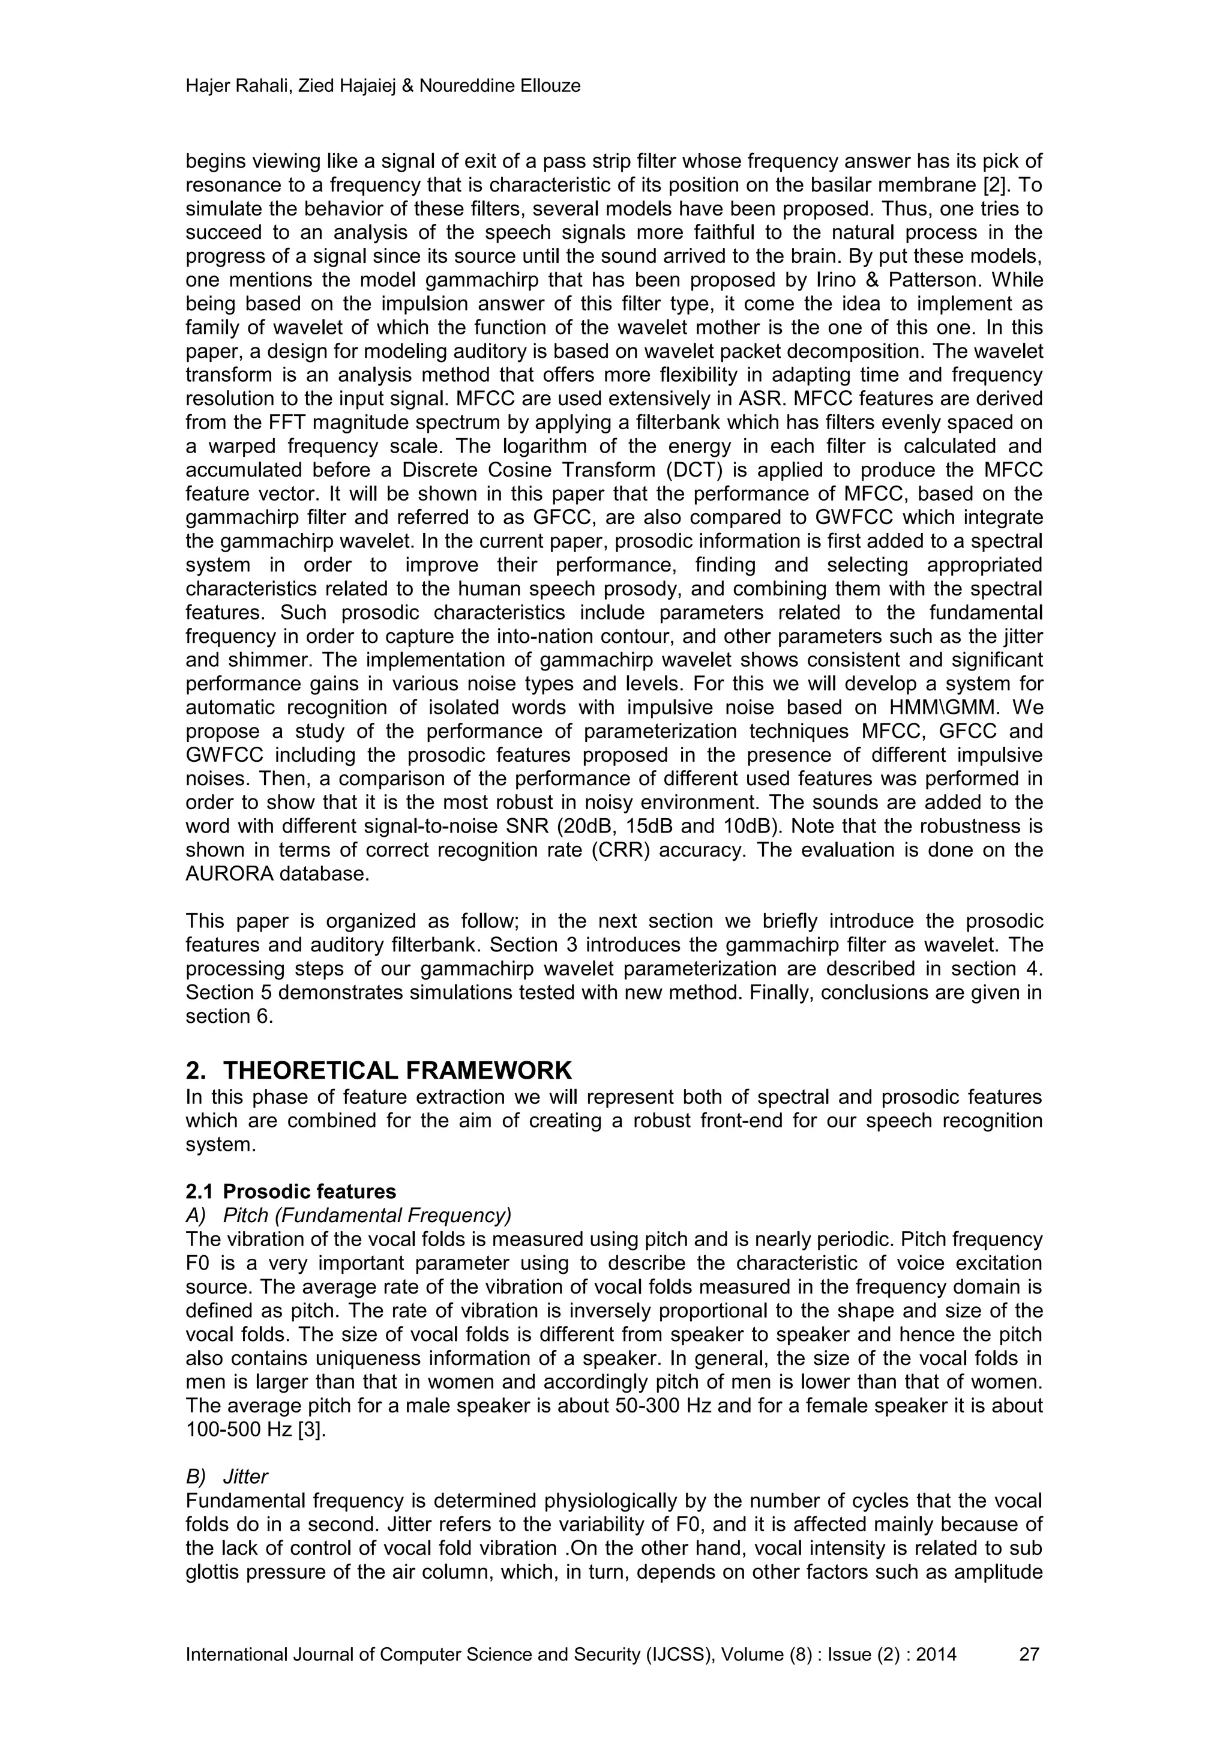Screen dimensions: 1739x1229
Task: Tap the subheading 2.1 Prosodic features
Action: pos(291,1192)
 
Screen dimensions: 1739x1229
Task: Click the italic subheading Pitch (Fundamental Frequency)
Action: pos(367,1216)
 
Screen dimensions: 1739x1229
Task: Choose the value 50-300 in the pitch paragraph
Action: pos(645,1406)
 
